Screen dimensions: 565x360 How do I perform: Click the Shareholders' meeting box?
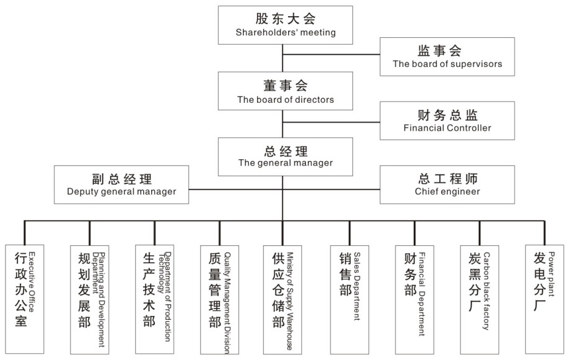(286, 25)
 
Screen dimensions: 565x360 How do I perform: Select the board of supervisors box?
(447, 56)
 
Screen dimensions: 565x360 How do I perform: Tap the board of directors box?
(286, 91)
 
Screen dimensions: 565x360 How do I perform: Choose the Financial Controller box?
(447, 121)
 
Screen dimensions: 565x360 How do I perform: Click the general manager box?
(286, 157)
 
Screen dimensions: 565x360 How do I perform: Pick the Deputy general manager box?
(121, 185)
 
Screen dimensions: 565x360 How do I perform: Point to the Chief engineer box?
(447, 185)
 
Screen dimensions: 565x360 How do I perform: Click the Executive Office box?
(25, 299)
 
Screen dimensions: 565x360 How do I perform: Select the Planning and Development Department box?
(90, 300)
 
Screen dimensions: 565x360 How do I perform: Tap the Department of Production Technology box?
(155, 299)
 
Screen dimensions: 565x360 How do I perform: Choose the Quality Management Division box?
(220, 300)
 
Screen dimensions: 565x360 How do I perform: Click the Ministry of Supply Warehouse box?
(282, 300)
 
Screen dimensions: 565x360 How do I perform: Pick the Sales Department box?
(349, 300)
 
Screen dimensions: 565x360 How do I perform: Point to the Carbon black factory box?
(480, 300)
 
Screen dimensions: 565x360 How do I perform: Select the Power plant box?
(545, 299)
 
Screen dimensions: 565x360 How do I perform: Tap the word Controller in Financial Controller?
(469, 128)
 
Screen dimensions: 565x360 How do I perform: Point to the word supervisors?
(476, 64)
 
